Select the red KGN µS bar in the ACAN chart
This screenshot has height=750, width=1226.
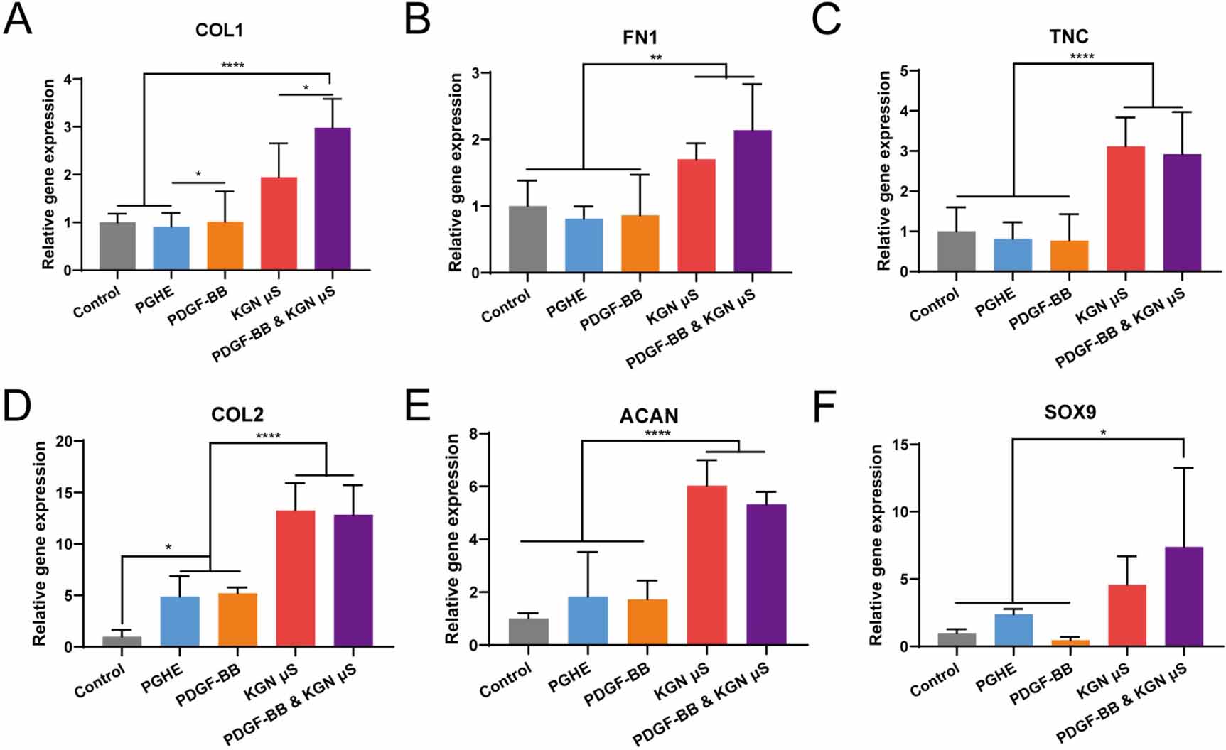click(706, 565)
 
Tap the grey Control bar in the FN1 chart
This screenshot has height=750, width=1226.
click(527, 239)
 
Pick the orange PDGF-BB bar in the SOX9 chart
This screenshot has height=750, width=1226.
click(1070, 643)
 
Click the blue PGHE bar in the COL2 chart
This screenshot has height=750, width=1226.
click(180, 621)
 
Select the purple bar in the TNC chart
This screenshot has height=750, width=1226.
click(1182, 213)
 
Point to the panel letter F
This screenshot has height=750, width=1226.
click(824, 406)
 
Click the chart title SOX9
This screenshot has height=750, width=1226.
click(1070, 412)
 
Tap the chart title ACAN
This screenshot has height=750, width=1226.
click(648, 415)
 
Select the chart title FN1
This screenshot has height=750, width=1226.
click(640, 38)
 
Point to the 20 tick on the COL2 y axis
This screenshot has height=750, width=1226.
click(64, 441)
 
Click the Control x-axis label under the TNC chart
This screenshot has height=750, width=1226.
click(935, 304)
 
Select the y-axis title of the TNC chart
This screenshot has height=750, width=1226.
click(883, 170)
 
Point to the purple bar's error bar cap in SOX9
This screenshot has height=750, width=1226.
click(1183, 468)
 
